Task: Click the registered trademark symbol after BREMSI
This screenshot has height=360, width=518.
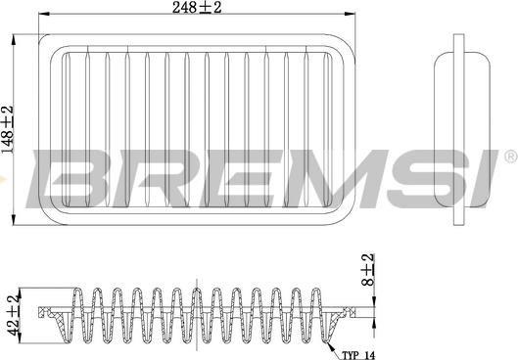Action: [x=508, y=157]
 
